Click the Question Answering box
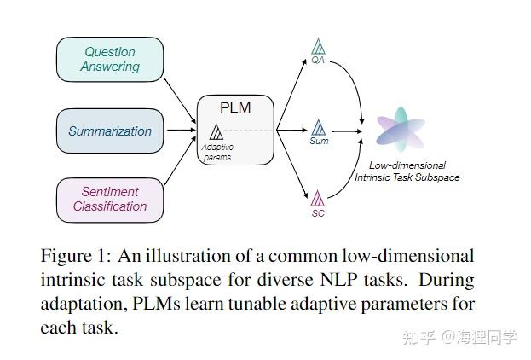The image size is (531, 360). pos(110,60)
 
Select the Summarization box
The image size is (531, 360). pos(110,131)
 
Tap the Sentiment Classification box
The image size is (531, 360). pos(110,200)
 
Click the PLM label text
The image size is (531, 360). pos(236,108)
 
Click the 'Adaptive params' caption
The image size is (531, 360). pos(217,152)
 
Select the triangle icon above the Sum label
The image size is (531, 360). pos(319,128)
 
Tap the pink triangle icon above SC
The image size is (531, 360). pos(318,199)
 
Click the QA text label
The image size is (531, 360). pos(318,60)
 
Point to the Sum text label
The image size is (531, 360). pos(319,142)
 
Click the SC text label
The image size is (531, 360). pos(318,212)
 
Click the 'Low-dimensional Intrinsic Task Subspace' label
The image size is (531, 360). pos(407,171)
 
